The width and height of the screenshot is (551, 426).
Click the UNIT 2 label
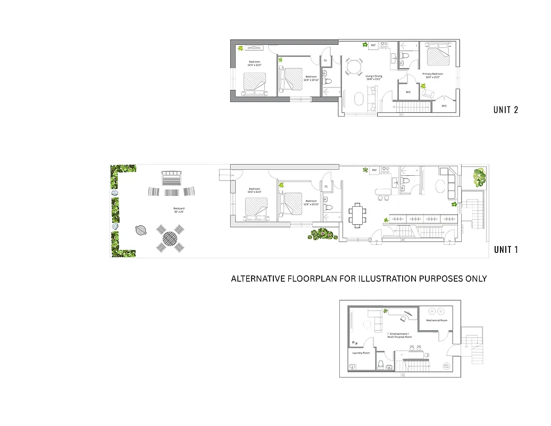coord(506,110)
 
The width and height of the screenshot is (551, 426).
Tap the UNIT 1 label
coord(506,249)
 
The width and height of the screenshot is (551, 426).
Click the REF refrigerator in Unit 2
coord(373,46)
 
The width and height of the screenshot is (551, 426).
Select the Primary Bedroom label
coord(432,75)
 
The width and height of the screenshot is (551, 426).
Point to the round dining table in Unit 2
coord(354,67)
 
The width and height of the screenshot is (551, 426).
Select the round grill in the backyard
coord(140,230)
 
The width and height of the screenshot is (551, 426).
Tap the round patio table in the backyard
coord(170,238)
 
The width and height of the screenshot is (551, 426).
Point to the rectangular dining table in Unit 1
coord(357,214)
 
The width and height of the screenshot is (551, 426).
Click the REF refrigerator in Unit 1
coord(374,170)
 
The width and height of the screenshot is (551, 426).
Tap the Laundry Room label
coord(361,353)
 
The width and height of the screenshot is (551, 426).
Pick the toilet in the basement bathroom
coord(381,364)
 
